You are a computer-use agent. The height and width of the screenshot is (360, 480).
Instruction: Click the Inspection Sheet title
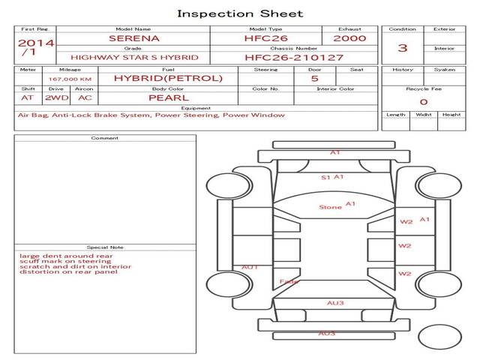click(240, 13)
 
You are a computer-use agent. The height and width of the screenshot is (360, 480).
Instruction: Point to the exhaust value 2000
click(349, 38)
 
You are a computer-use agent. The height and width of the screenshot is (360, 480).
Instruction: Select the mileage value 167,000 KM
click(70, 79)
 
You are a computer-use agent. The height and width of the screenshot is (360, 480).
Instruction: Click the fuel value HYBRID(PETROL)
click(168, 78)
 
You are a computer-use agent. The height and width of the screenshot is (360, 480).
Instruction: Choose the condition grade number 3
click(403, 48)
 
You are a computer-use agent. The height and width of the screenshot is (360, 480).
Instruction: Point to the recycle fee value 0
click(423, 102)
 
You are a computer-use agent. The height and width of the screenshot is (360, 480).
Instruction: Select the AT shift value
click(28, 97)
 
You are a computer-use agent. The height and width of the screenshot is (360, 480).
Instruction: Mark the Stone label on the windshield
click(330, 207)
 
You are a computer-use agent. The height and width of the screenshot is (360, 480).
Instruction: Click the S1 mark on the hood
click(325, 178)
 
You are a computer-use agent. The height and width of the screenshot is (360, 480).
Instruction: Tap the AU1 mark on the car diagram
click(250, 267)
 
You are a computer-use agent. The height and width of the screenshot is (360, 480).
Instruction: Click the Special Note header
click(105, 247)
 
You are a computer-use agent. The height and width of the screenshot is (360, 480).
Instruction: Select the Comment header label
click(105, 138)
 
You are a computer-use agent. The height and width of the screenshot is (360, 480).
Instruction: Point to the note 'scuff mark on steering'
click(65, 261)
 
